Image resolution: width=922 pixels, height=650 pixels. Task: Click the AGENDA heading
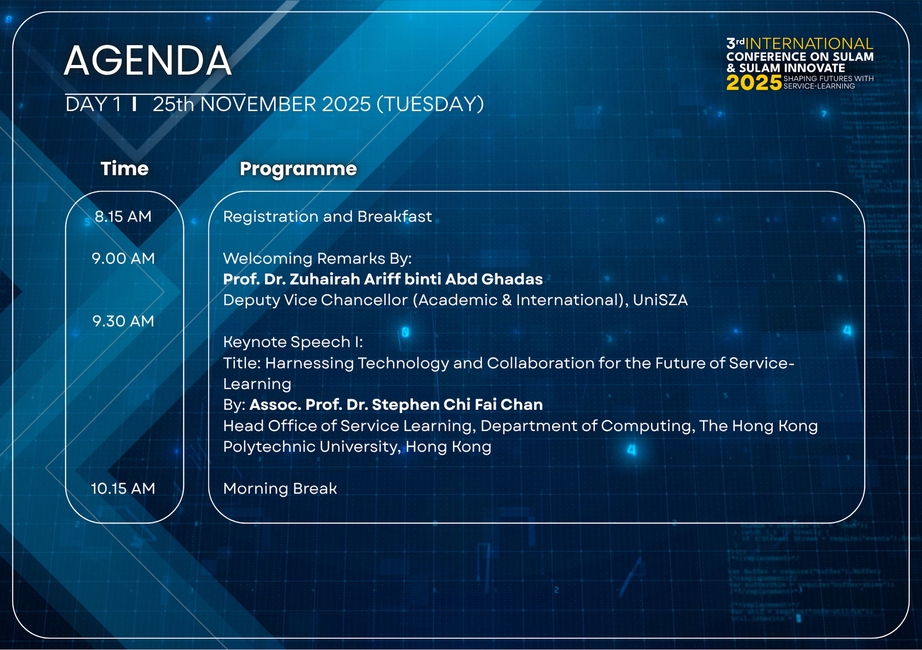pyautogui.click(x=148, y=60)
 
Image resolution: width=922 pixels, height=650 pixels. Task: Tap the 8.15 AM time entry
pyautogui.click(x=123, y=216)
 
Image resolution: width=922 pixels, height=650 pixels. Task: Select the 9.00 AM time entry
pyautogui.click(x=123, y=258)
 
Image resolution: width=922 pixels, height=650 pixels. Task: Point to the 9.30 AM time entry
pyautogui.click(x=123, y=321)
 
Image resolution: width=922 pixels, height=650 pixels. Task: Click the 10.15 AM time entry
pyautogui.click(x=123, y=489)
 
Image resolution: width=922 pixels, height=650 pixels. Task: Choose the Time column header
pyautogui.click(x=124, y=168)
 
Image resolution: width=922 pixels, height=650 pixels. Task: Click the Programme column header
pyautogui.click(x=298, y=169)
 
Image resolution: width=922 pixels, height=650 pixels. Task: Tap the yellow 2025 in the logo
pyautogui.click(x=754, y=83)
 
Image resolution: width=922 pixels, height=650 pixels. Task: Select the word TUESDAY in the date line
pyautogui.click(x=430, y=104)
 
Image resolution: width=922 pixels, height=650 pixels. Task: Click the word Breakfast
pyautogui.click(x=395, y=216)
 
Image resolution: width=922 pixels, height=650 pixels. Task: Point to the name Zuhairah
pyautogui.click(x=325, y=279)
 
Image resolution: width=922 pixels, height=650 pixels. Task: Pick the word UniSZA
pyautogui.click(x=660, y=300)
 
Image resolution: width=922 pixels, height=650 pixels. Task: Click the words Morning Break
pyautogui.click(x=280, y=489)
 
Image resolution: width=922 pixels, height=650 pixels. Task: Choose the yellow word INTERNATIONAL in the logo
pyautogui.click(x=809, y=44)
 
